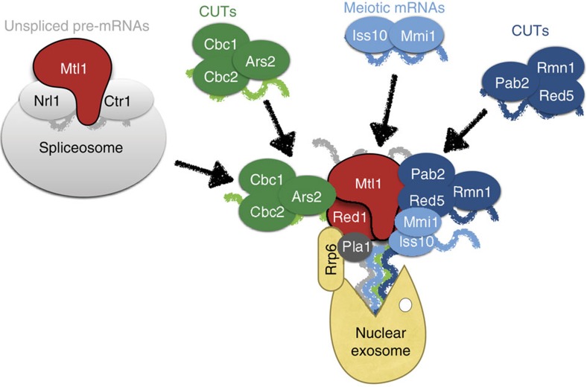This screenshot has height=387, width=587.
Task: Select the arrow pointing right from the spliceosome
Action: point(202,170)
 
